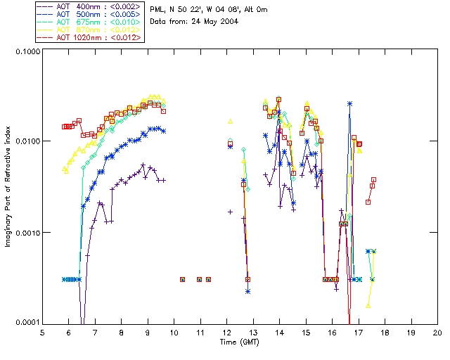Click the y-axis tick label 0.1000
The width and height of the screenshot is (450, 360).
[25, 52]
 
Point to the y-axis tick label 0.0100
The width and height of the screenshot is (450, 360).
[25, 142]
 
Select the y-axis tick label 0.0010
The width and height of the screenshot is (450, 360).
[25, 233]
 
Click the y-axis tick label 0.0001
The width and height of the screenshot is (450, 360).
[25, 323]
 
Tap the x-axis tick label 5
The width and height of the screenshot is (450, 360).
[43, 332]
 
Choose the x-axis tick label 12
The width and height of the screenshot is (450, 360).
[227, 332]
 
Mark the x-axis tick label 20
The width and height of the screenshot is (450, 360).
[437, 332]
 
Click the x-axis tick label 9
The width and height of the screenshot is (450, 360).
[148, 332]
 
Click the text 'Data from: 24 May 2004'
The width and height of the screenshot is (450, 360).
[194, 22]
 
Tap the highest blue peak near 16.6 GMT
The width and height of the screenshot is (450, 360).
[349, 103]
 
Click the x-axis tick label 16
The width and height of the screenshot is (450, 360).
[332, 332]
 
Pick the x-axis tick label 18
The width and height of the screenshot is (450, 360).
[385, 332]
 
